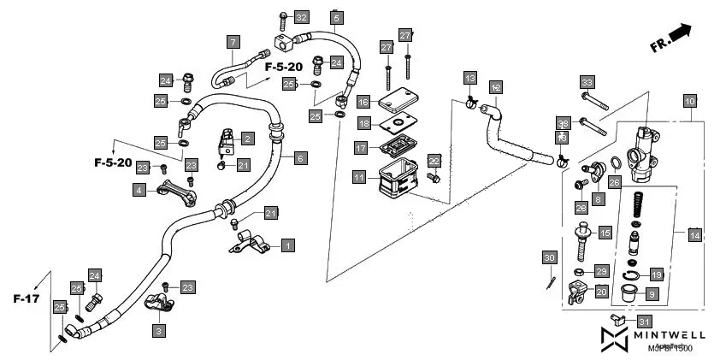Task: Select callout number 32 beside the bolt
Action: [x=301, y=18]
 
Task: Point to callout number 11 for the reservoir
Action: [x=360, y=178]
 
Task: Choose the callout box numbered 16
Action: [x=363, y=102]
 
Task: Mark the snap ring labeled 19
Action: [x=632, y=274]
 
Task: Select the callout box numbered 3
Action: [x=160, y=329]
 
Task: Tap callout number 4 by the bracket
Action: [x=139, y=191]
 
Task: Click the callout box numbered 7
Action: [x=233, y=41]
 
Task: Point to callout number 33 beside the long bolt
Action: [x=587, y=83]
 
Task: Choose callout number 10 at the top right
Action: [x=690, y=100]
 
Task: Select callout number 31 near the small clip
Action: [x=644, y=320]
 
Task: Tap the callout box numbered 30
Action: [x=550, y=257]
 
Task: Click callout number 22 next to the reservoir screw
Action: [x=434, y=161]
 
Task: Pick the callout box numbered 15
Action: [x=605, y=233]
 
